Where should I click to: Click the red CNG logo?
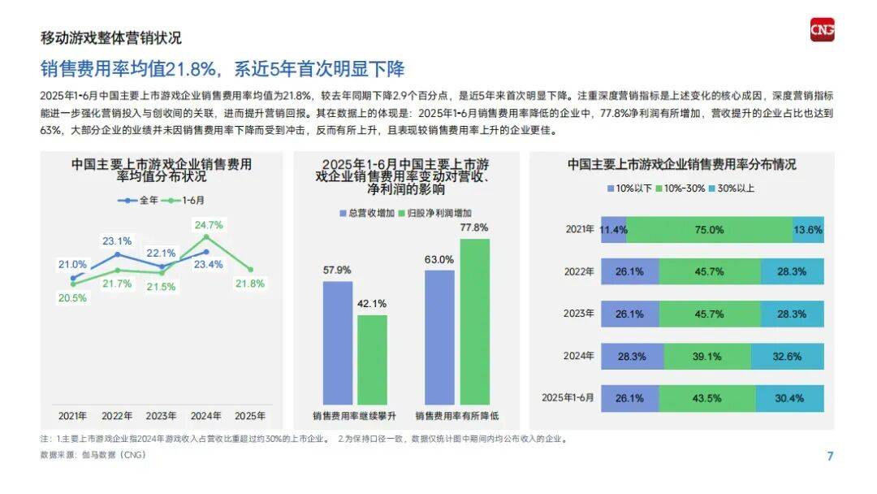click(822, 30)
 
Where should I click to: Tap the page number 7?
click(830, 456)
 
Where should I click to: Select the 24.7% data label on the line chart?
click(209, 224)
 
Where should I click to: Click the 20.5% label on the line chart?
click(72, 298)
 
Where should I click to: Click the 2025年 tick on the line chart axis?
click(250, 415)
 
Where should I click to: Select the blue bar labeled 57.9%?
click(338, 342)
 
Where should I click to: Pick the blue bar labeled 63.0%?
click(439, 336)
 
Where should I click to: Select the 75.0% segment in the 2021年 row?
click(709, 230)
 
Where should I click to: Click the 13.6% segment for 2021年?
click(808, 230)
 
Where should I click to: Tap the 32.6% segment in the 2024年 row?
click(787, 356)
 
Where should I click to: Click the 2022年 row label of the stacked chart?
click(579, 271)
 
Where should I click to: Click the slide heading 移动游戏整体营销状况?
click(110, 38)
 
